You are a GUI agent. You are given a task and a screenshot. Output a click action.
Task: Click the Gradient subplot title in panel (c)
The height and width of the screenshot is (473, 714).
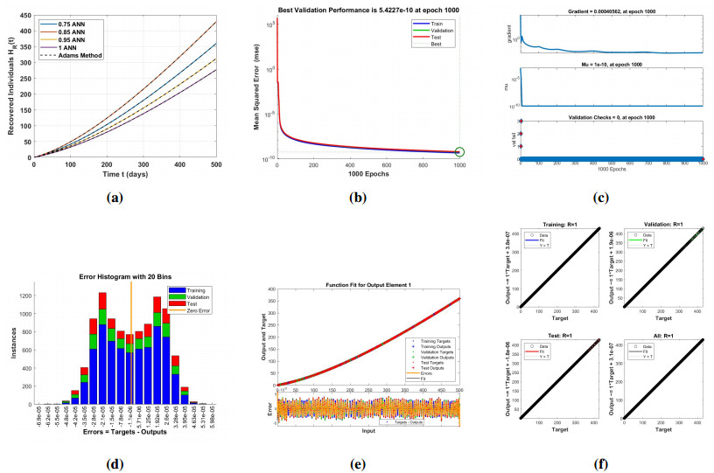(x=609, y=9)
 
